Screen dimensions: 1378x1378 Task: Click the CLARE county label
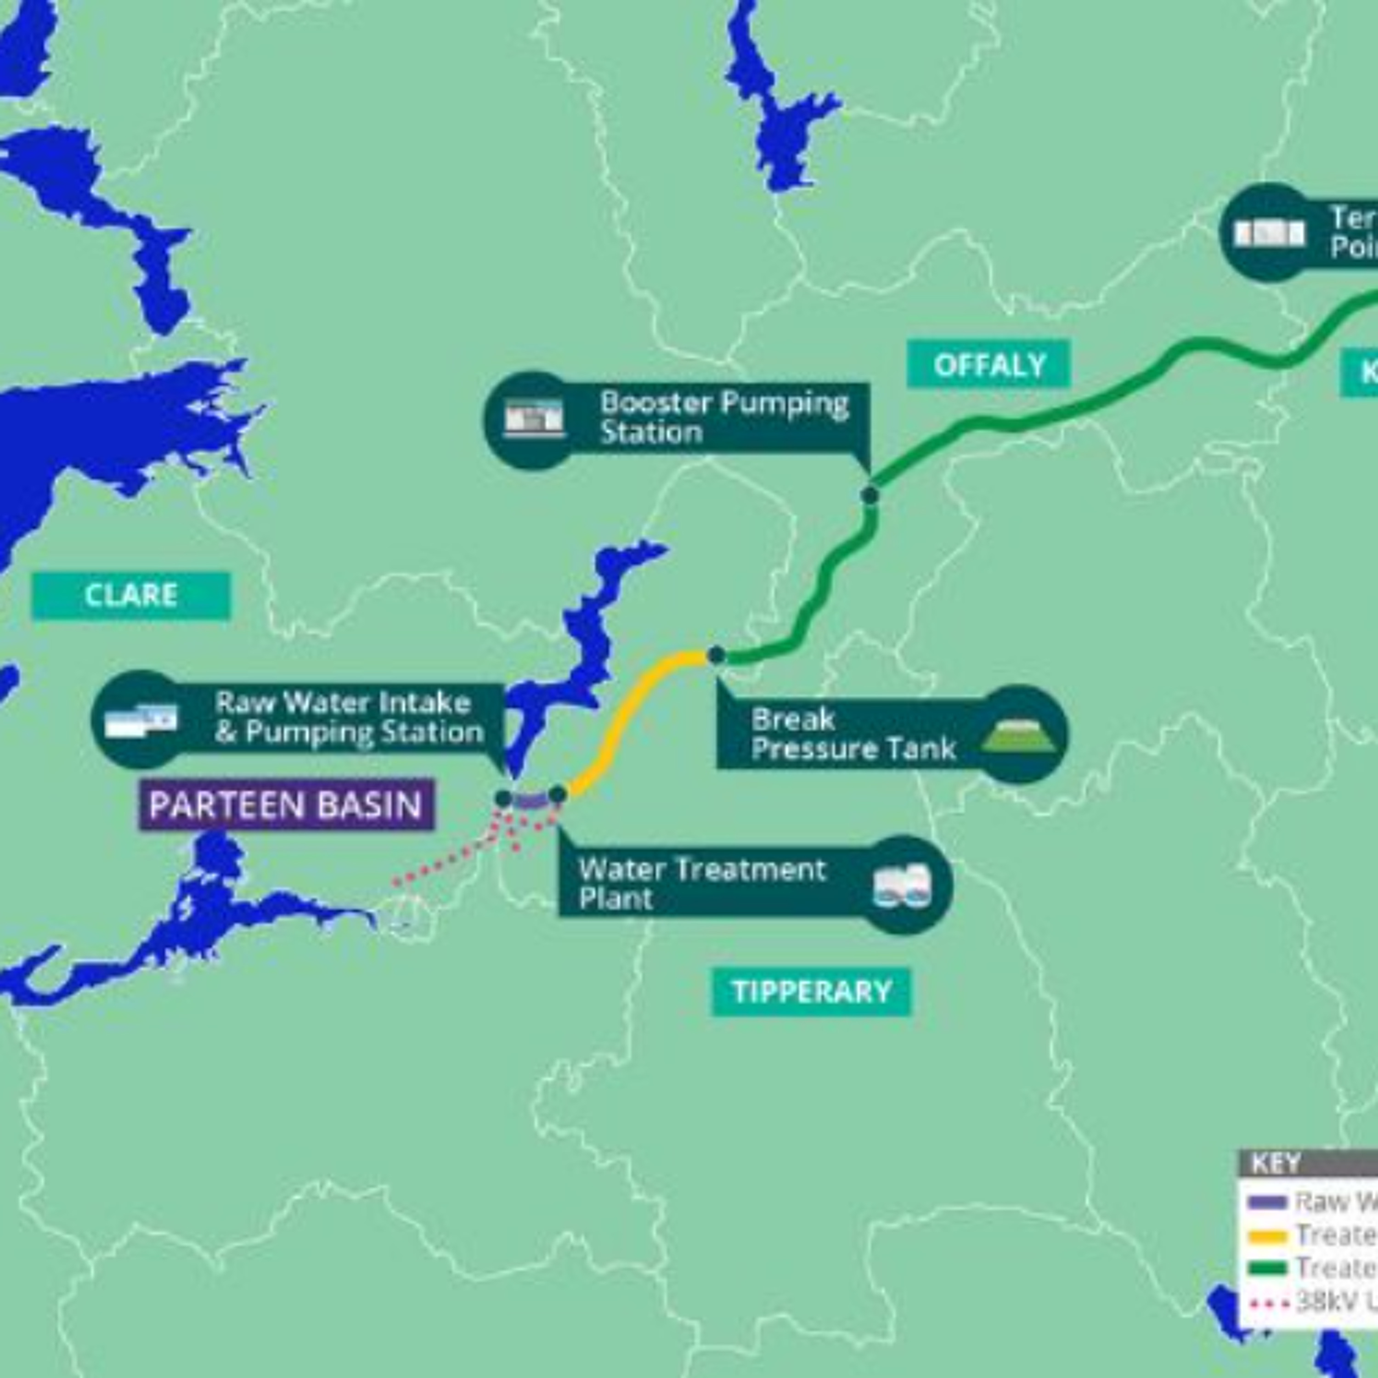[131, 596]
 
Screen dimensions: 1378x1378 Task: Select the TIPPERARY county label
[812, 991]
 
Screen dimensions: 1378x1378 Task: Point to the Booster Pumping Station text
[724, 417]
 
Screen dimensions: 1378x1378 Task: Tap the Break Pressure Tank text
[853, 734]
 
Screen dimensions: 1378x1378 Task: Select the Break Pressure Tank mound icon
[1018, 735]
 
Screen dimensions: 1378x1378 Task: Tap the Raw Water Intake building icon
[141, 720]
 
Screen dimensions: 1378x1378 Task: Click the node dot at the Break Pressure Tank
[716, 655]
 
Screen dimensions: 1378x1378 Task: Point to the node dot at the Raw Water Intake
[503, 798]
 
